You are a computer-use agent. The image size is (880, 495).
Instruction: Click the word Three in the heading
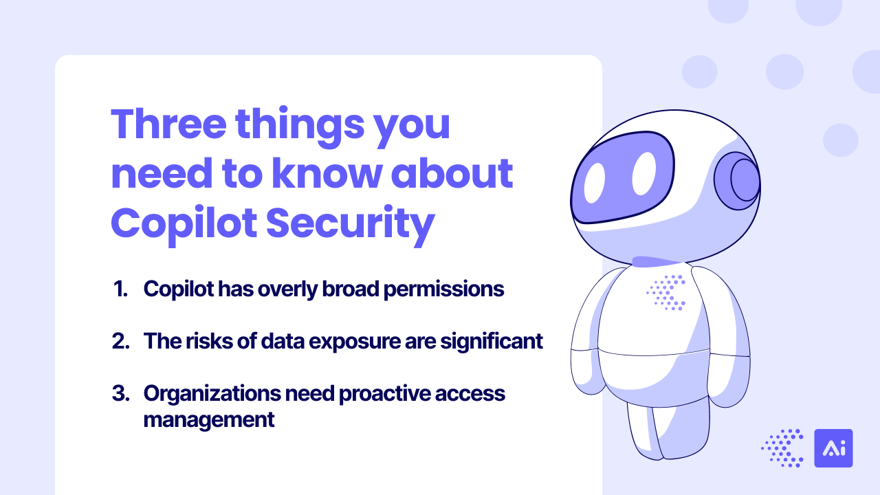tap(169, 123)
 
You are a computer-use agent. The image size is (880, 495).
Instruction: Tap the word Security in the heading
tap(351, 225)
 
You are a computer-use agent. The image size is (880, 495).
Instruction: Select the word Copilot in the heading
tap(184, 225)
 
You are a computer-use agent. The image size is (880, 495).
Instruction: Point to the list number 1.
tap(120, 289)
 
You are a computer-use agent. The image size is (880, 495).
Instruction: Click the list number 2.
tap(120, 341)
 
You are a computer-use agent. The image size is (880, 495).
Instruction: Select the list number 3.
tap(120, 393)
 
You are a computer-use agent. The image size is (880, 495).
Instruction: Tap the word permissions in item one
tap(443, 290)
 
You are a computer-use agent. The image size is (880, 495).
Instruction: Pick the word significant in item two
tap(492, 342)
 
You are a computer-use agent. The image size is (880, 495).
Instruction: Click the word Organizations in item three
tap(212, 395)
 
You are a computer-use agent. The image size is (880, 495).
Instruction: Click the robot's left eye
tap(595, 183)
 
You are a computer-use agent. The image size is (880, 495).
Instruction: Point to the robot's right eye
tap(644, 173)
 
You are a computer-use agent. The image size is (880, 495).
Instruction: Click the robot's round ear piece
tap(738, 181)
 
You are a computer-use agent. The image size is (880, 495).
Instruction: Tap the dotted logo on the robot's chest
tap(666, 293)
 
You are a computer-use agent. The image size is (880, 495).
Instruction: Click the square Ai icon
tap(833, 448)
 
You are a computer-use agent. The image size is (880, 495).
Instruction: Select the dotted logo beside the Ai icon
tap(782, 448)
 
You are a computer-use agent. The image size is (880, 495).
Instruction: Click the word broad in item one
tap(351, 289)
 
